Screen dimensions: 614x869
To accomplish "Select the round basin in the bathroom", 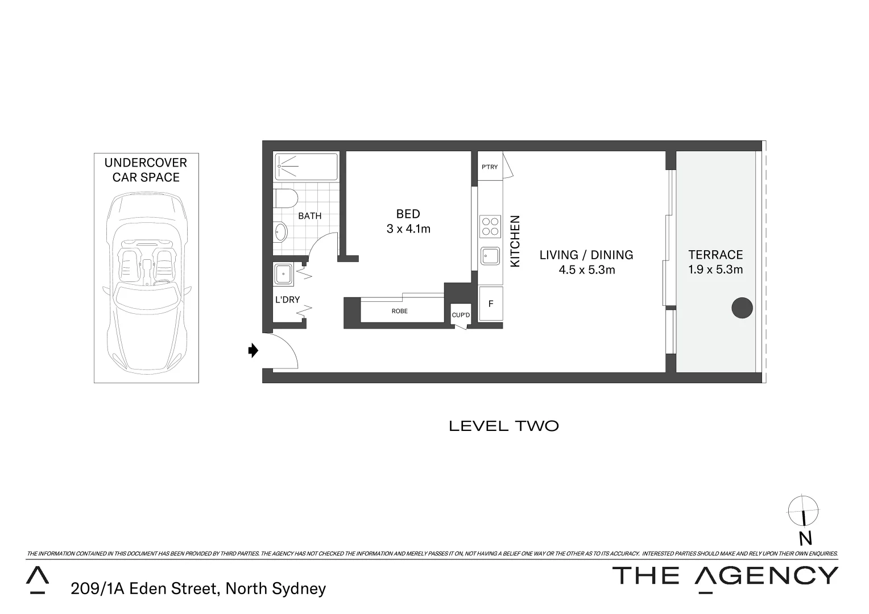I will (280, 232).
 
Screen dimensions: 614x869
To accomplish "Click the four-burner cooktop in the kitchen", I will (490, 226).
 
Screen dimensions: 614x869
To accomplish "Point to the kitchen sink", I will (490, 256).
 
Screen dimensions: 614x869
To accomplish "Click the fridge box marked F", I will (490, 304).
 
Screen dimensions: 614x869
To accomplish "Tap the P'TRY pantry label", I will (489, 167).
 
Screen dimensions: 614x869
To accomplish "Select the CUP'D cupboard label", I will (461, 315).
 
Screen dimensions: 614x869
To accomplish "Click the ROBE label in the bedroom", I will (399, 311).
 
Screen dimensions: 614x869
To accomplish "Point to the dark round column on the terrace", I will (742, 308).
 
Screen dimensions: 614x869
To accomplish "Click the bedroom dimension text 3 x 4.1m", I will (408, 229).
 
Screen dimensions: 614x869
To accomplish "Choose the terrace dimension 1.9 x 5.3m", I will (715, 269).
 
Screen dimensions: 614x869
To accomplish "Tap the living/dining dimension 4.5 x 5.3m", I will (586, 270).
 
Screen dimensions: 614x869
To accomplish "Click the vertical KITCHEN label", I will (515, 240).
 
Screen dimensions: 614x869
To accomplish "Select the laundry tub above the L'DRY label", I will (283, 274).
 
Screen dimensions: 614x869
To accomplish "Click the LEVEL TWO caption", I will (503, 426).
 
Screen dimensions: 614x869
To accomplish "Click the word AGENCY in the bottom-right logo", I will (767, 576).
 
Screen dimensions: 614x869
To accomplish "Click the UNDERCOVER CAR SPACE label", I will (146, 170).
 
